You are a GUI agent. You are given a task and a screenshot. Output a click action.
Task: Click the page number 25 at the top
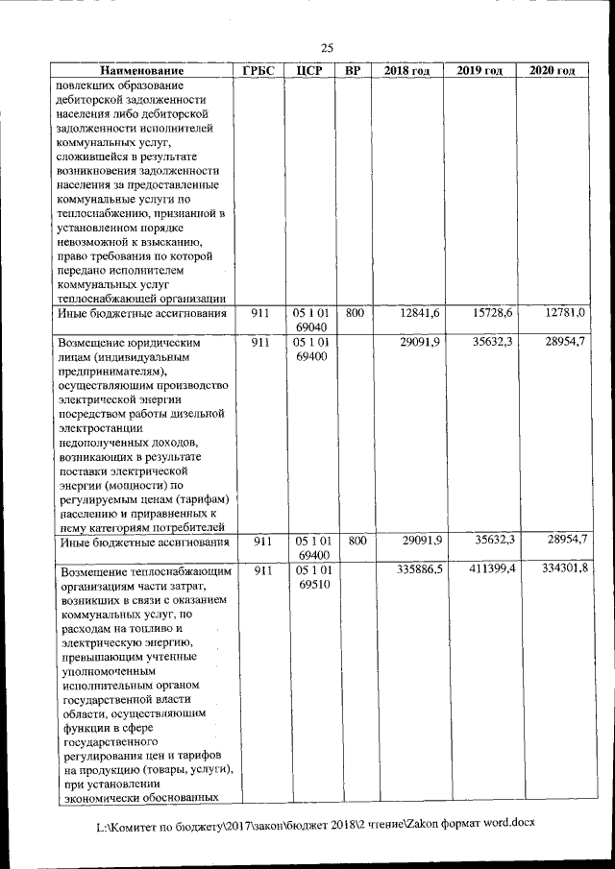coord(327,48)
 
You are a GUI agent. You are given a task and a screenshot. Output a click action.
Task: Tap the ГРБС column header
coord(258,72)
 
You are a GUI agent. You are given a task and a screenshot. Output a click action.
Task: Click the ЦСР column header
coord(309,72)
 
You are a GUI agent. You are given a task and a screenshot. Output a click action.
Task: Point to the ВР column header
coord(353,72)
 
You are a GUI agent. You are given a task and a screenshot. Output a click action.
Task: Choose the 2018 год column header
coord(407,72)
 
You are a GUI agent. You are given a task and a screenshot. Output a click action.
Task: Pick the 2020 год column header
coord(553,72)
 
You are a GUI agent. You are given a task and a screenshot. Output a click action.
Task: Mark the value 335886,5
coord(414,570)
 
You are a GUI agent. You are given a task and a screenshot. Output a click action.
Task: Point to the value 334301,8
coord(560,570)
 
